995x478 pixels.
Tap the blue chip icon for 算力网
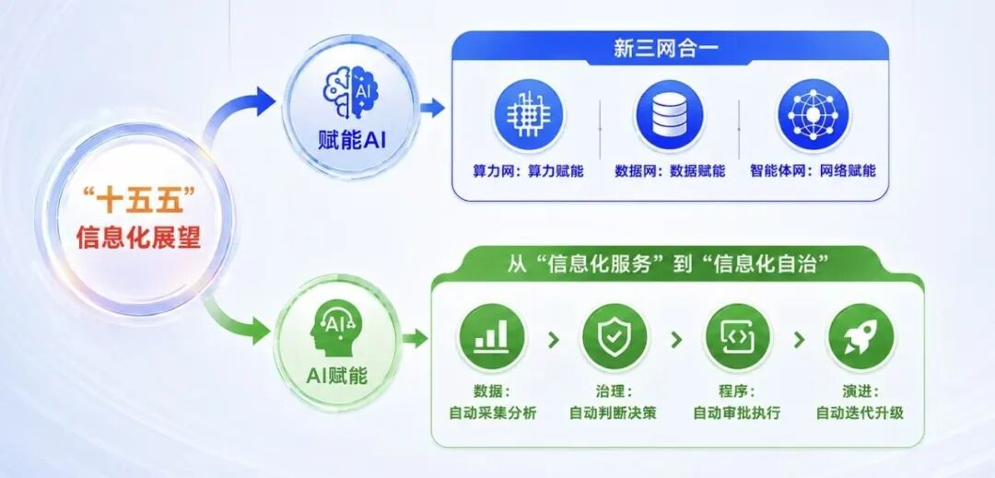point(529,115)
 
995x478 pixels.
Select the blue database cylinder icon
point(670,115)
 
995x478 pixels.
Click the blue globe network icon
point(813,115)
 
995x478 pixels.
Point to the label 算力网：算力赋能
point(528,171)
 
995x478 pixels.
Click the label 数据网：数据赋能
point(670,171)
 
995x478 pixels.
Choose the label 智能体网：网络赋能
point(813,171)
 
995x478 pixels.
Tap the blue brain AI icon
point(351,92)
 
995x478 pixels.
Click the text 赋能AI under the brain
point(352,140)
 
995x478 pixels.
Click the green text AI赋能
point(336,375)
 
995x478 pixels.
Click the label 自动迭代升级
point(860,414)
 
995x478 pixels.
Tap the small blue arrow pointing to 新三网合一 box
point(432,109)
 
